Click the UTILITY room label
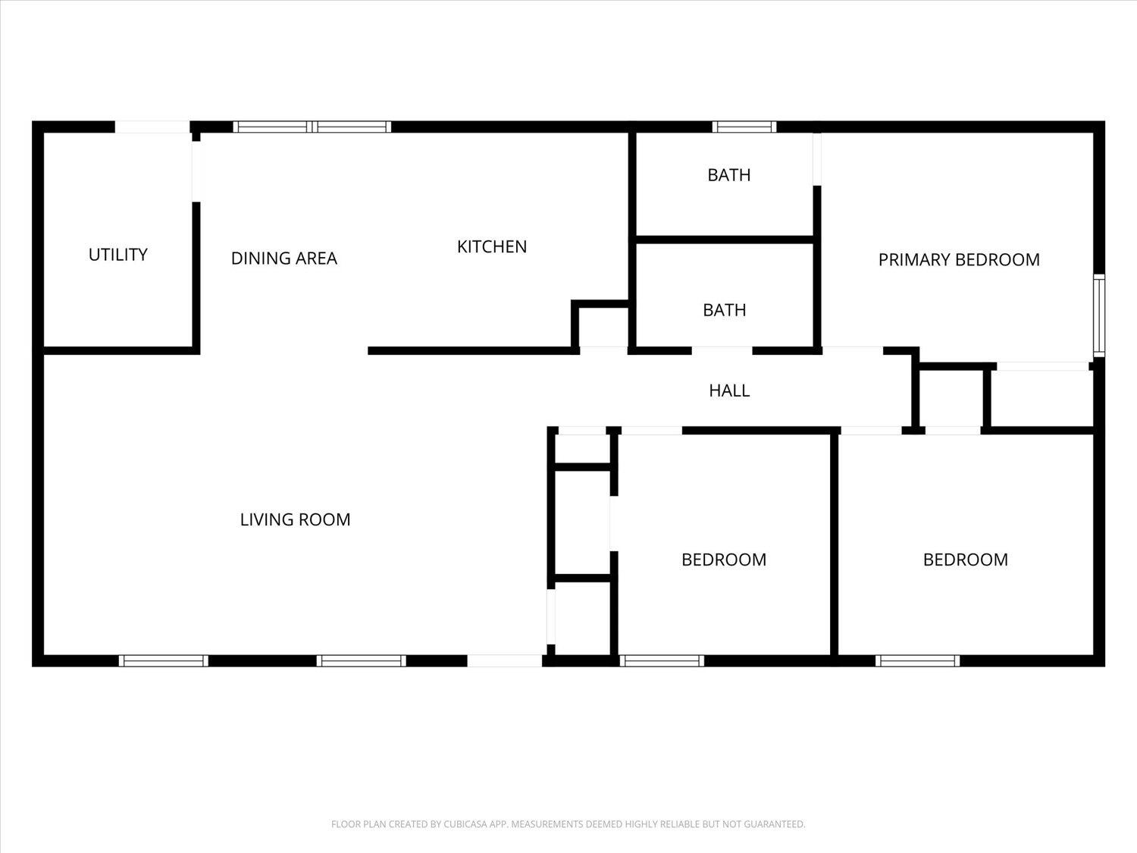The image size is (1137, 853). [x=118, y=255]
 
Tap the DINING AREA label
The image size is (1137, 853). [x=283, y=259]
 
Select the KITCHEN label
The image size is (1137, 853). [x=492, y=246]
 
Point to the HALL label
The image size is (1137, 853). [x=729, y=390]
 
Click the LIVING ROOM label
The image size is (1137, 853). [x=296, y=519]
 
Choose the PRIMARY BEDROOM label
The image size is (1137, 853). [x=959, y=259]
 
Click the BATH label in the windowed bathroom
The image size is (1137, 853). [x=729, y=175]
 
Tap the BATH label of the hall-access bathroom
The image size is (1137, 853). [x=724, y=310]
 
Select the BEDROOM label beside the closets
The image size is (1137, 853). [x=724, y=560]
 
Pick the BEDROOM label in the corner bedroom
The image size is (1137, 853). [x=966, y=560]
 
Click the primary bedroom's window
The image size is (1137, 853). [x=1099, y=315]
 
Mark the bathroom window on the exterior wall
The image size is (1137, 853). [x=744, y=127]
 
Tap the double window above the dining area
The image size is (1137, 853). [x=312, y=127]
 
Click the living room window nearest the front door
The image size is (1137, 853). [x=362, y=661]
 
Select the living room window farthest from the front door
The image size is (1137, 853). [x=164, y=661]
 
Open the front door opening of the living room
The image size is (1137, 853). [x=505, y=661]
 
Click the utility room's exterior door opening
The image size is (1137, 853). [x=152, y=127]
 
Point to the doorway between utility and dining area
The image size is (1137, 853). [x=196, y=171]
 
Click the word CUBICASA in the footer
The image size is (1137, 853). [x=463, y=824]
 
